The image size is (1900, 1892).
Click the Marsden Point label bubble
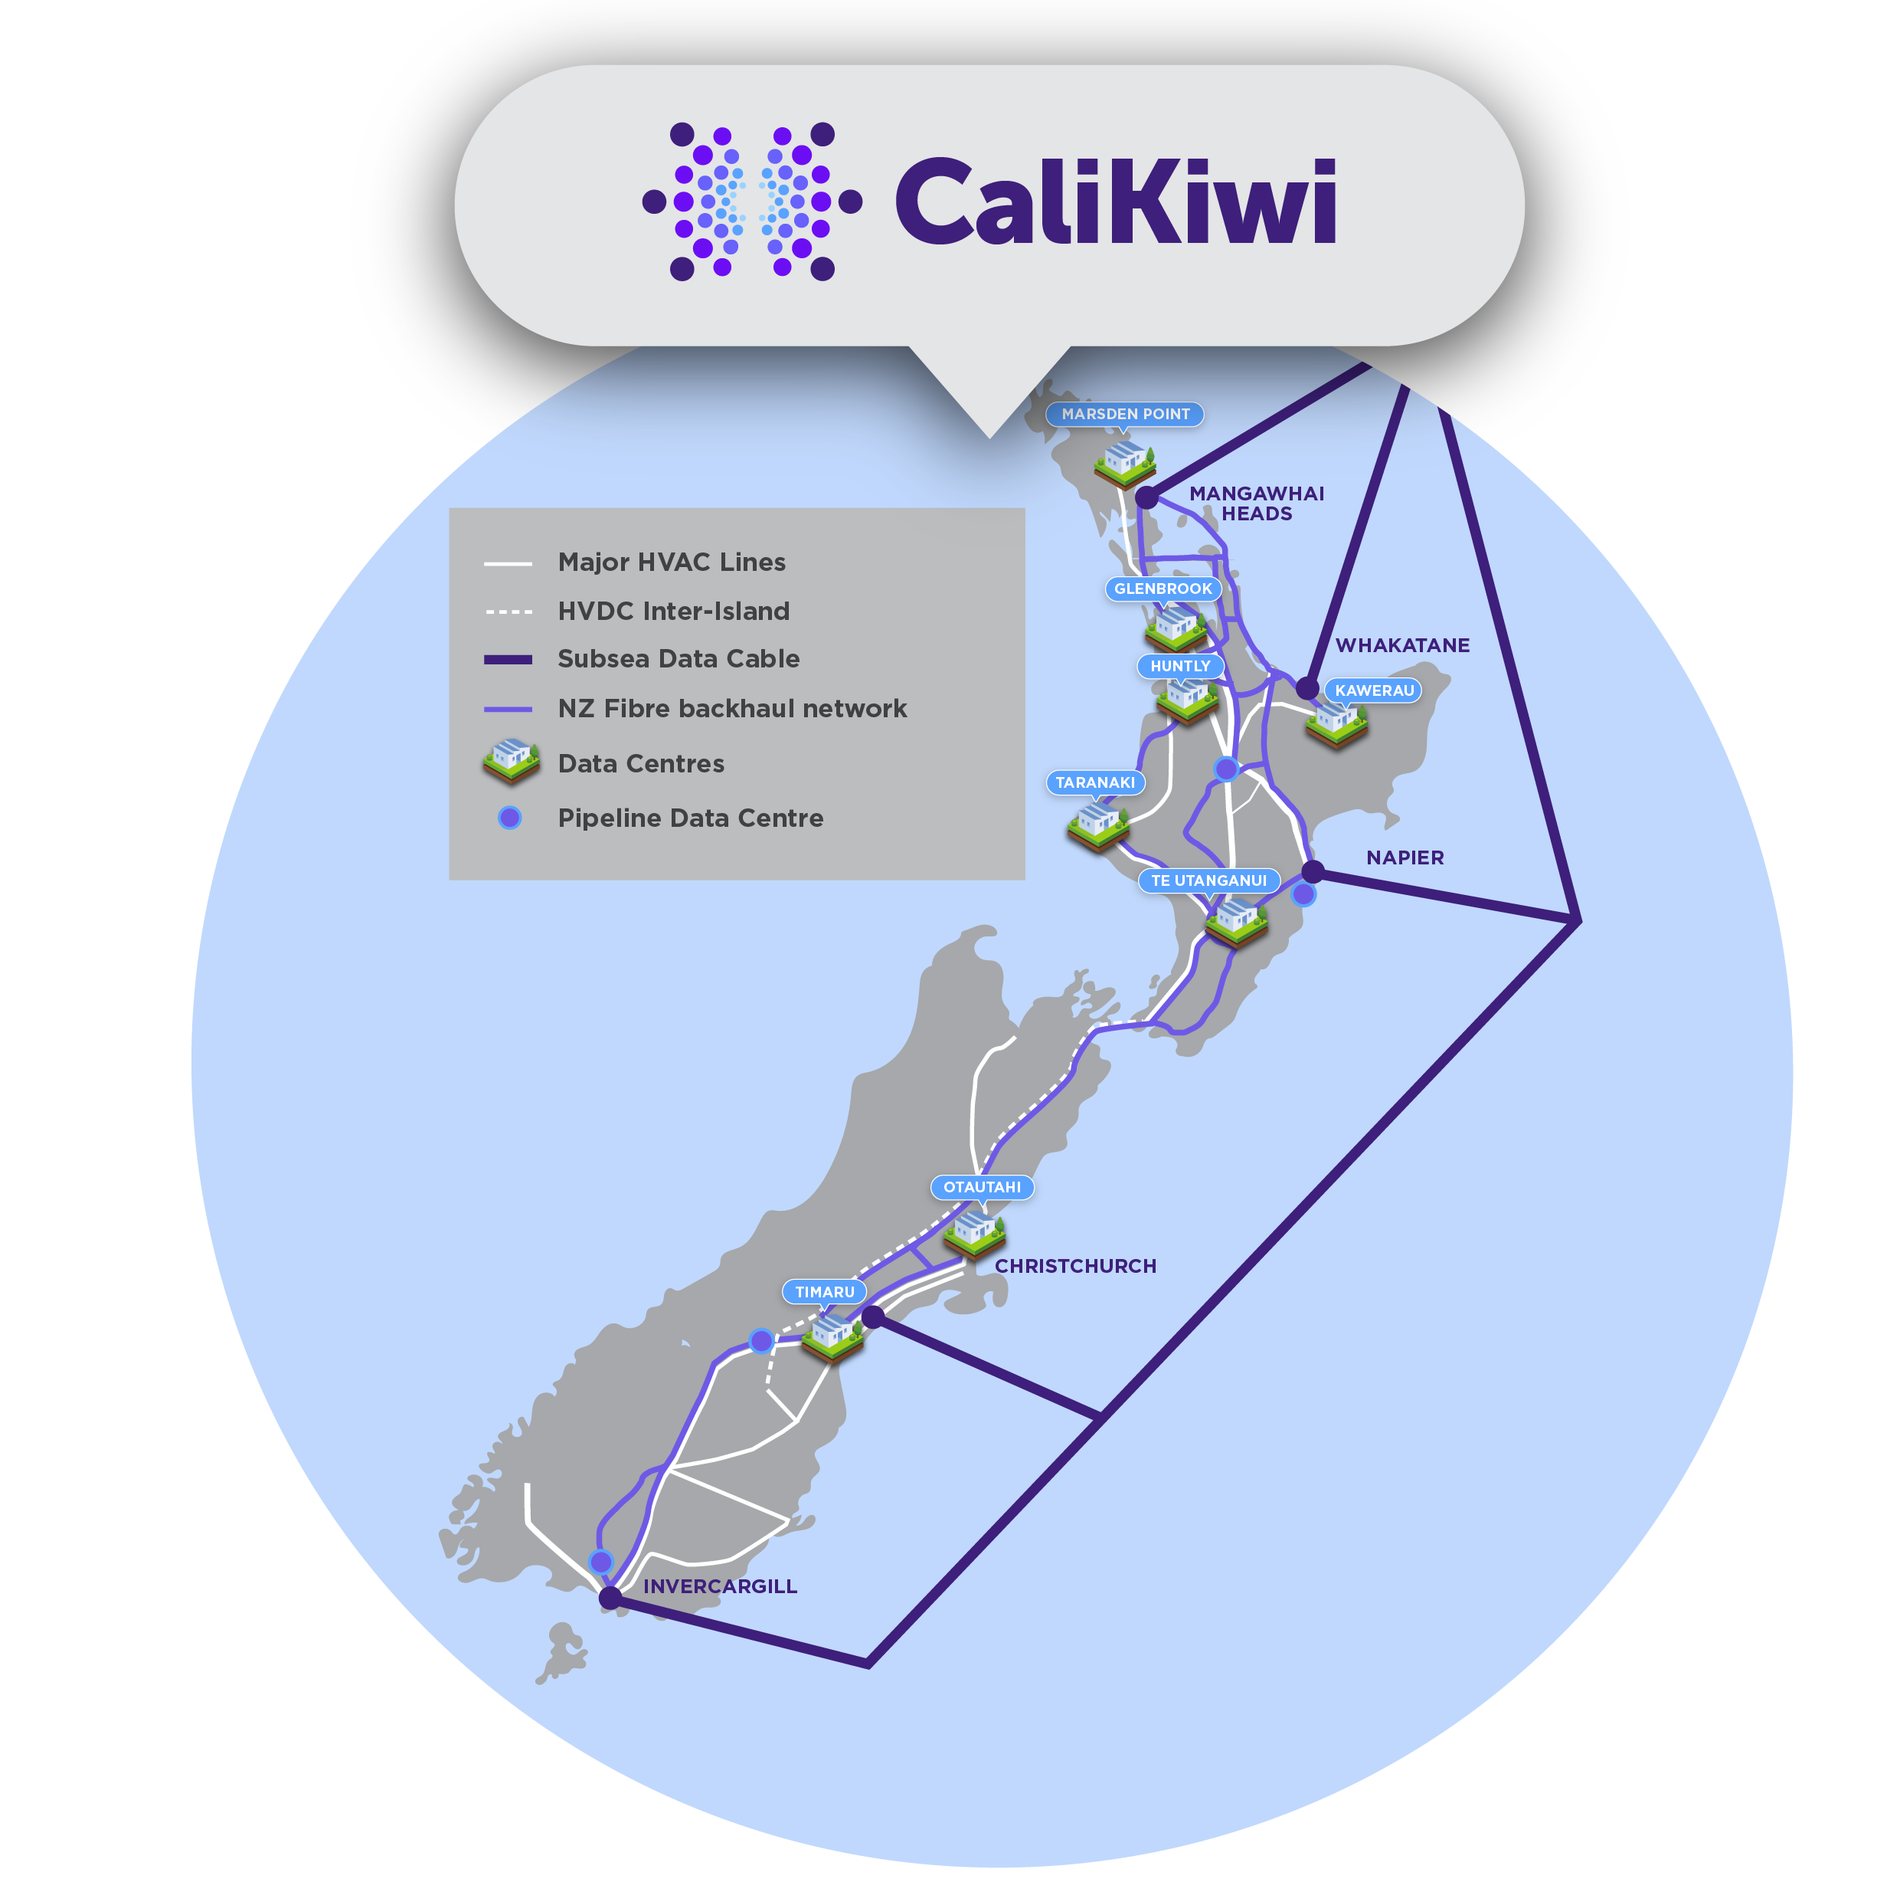(x=1125, y=415)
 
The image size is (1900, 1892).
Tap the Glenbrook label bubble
(x=1163, y=589)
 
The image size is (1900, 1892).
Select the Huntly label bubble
(x=1180, y=666)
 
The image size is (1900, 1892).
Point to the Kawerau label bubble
(x=1374, y=690)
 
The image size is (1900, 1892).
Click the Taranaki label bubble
(x=1094, y=782)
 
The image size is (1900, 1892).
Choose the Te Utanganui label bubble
(x=1208, y=880)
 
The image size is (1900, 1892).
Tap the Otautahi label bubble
(x=982, y=1188)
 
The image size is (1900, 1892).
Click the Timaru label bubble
(x=824, y=1292)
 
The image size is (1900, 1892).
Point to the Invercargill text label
(x=720, y=1587)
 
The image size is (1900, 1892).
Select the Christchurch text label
(x=1075, y=1266)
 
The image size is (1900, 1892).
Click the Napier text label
(x=1405, y=858)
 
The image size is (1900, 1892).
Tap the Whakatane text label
(x=1402, y=645)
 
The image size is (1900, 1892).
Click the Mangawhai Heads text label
(x=1257, y=503)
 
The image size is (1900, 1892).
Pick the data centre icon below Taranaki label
(x=1097, y=825)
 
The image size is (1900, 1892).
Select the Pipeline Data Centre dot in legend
(x=509, y=818)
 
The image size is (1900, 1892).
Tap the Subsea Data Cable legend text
(x=679, y=659)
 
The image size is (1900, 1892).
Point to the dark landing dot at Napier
(x=1313, y=872)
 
